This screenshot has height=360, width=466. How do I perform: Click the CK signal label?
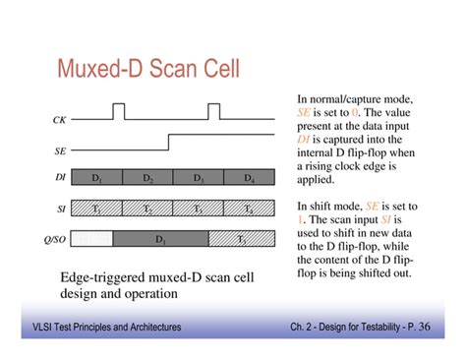click(x=58, y=119)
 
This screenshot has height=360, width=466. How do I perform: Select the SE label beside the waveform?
click(x=58, y=152)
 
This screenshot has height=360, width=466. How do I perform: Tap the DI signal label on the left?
click(x=58, y=178)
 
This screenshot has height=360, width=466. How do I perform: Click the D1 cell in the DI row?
click(x=97, y=178)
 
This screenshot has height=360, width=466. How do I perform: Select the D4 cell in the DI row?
click(x=249, y=178)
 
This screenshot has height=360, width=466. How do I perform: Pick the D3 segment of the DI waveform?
click(x=199, y=178)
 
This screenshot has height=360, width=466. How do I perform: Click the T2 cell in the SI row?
click(x=147, y=209)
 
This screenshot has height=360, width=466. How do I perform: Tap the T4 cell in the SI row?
click(x=249, y=209)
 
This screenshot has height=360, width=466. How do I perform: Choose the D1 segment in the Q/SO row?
click(x=160, y=238)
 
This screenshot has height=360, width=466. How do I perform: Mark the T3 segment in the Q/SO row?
click(x=242, y=238)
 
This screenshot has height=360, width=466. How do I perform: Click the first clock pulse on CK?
click(x=119, y=110)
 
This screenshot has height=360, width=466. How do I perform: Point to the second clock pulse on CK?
click(x=214, y=110)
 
